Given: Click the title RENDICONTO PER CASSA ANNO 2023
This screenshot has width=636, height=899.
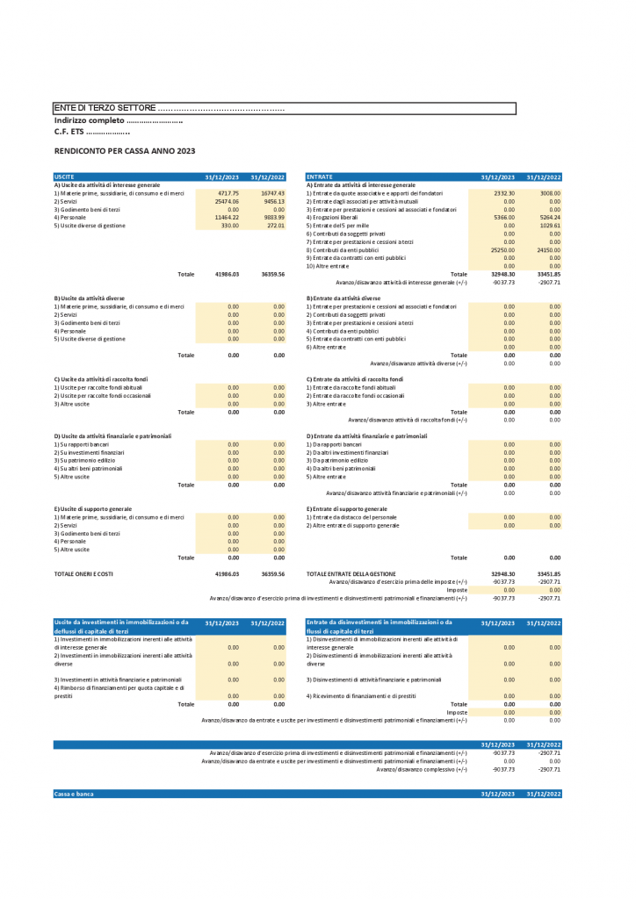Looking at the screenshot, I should coord(125,151).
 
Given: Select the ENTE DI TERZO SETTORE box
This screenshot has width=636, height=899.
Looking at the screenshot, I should coord(284,108).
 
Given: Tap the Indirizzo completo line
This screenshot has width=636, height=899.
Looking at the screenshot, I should coord(119,120).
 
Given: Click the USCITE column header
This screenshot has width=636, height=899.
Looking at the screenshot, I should coord(64,177).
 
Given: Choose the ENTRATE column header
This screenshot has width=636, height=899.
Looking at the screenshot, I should coord(320,177).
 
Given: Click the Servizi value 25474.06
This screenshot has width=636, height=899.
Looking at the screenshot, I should coord(227,201).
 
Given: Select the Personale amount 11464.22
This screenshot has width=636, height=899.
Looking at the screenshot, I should coord(227,218).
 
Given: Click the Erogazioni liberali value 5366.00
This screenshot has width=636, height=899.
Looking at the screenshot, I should coord(502,218).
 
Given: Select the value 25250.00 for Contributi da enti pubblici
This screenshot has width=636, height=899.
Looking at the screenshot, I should coord(502,250).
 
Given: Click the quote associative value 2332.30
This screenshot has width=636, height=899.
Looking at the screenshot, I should coord(502,193).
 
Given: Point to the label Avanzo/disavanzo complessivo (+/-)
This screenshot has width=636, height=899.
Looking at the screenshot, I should coord(422,769).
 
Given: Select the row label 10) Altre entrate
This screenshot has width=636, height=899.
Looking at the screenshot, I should coord(328,266).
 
